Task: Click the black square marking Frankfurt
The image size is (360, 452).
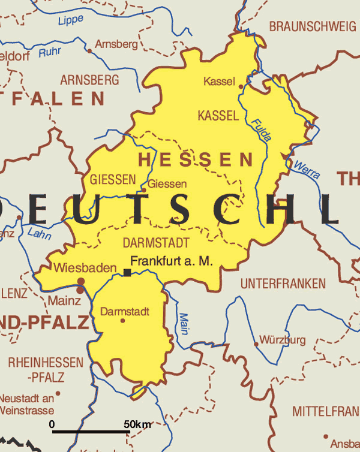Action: (x=127, y=273)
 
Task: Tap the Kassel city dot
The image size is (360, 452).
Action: (x=241, y=87)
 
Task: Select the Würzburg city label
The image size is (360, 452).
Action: (x=283, y=340)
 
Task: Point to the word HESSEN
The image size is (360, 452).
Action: (x=196, y=159)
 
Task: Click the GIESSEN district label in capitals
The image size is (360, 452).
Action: (x=113, y=179)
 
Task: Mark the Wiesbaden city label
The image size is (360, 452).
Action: (x=84, y=268)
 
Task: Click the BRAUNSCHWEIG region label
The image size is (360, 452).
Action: (x=312, y=26)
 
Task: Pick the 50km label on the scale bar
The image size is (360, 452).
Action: (x=137, y=424)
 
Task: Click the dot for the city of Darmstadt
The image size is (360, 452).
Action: (x=123, y=321)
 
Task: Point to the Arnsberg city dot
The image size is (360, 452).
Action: (x=90, y=51)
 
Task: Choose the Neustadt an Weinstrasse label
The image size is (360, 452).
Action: (x=27, y=404)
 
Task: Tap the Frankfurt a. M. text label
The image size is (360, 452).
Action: (x=172, y=261)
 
